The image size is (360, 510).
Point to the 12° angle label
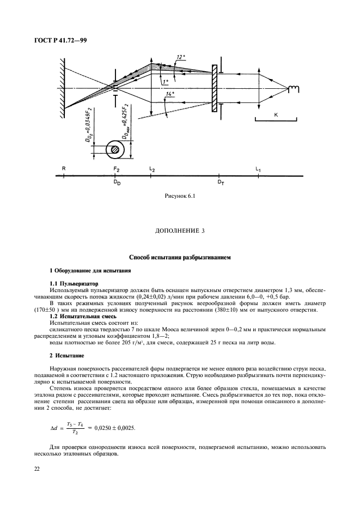pos(181,56)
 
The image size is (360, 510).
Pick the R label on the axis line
pos(64,169)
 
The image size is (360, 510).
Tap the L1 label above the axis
pos(258,169)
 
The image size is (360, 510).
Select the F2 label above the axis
pos(116,169)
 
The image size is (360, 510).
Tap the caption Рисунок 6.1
pos(179,195)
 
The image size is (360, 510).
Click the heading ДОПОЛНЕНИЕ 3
pos(179,231)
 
